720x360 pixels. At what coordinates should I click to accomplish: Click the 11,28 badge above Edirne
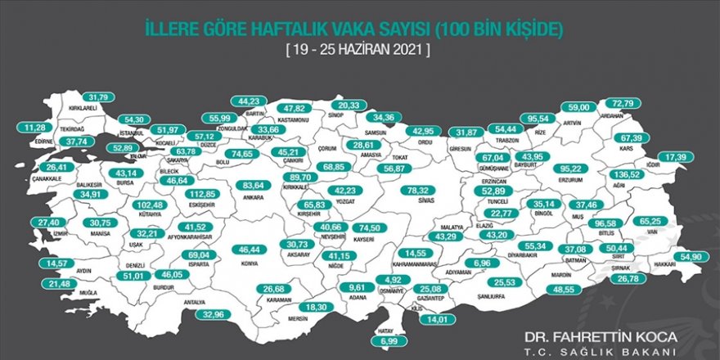click(x=35, y=128)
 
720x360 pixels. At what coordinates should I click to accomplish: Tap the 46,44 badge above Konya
click(x=250, y=249)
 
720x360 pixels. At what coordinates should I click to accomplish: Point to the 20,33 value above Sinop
click(x=349, y=105)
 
